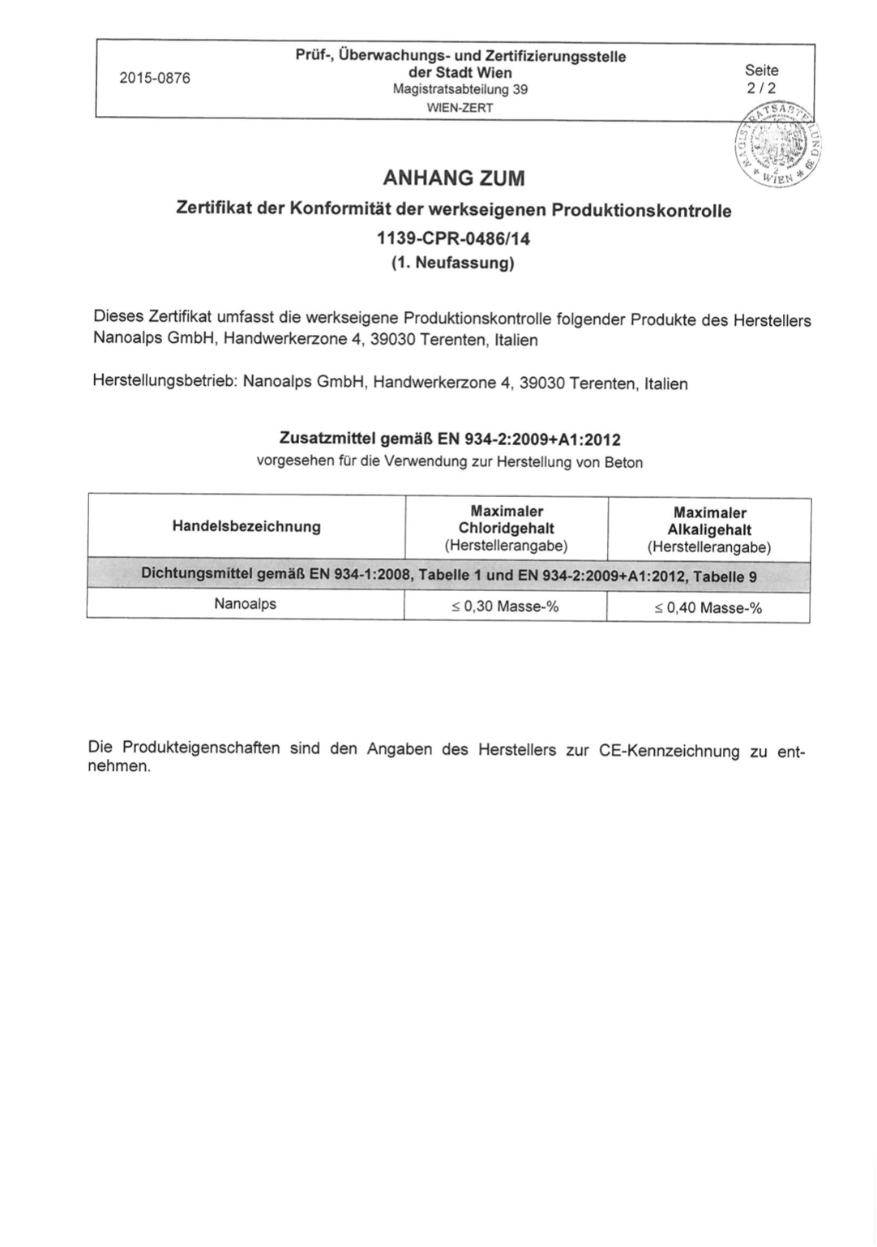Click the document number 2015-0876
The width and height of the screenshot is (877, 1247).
click(154, 79)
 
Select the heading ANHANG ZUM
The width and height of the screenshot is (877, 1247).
click(453, 178)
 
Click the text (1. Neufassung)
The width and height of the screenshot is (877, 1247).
click(453, 264)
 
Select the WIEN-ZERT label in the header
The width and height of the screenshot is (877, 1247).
click(460, 107)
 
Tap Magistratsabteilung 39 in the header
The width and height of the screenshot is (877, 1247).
click(460, 90)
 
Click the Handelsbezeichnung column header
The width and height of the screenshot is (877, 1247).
click(246, 527)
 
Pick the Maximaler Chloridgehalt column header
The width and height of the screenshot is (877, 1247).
click(506, 528)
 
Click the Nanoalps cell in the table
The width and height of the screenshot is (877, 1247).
click(245, 604)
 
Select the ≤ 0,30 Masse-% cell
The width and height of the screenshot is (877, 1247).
click(505, 606)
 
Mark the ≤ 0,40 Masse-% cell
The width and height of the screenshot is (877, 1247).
click(708, 608)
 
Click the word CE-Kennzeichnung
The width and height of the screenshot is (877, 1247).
click(669, 751)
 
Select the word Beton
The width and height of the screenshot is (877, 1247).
click(623, 463)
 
